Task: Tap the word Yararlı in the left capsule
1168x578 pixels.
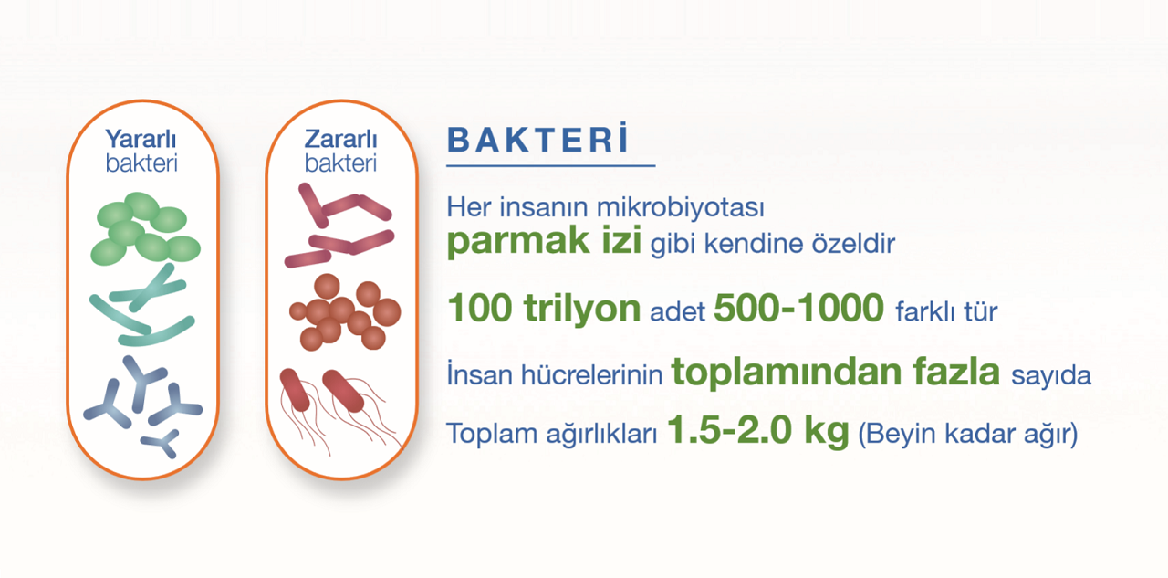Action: (141, 140)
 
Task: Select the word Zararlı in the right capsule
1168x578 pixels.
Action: (340, 140)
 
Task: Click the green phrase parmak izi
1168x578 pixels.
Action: (544, 241)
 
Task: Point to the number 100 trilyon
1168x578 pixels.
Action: (544, 308)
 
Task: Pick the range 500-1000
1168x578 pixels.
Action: (798, 308)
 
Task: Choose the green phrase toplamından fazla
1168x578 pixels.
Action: (836, 372)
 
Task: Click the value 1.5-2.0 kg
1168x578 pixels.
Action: (758, 431)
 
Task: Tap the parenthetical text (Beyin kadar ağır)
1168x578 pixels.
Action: (968, 434)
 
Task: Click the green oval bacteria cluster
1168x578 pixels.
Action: (145, 228)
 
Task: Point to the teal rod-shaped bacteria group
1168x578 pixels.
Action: (141, 305)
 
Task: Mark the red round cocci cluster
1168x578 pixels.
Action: (345, 312)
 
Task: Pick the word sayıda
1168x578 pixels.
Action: (1050, 375)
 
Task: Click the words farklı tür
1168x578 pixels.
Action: (946, 311)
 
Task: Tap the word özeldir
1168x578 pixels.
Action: (853, 244)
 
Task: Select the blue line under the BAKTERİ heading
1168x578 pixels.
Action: (550, 166)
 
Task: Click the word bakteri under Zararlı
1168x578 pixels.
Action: (340, 163)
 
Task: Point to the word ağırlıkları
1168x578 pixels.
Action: (601, 435)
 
